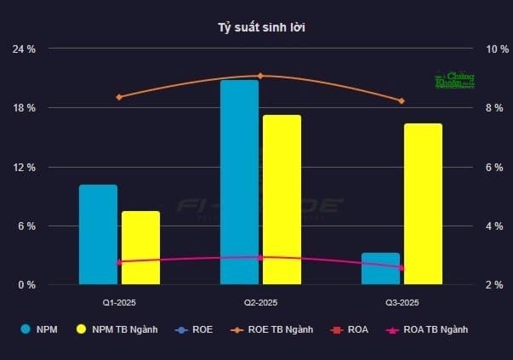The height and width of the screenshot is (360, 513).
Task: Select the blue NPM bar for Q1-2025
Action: pos(98,234)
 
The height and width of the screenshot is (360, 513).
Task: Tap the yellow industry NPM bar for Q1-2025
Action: pos(140,248)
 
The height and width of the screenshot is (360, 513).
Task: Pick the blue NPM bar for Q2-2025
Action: pos(239,182)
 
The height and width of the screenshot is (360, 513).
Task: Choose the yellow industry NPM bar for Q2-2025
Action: pos(282,200)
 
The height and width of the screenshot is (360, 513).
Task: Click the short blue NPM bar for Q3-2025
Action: pos(380,268)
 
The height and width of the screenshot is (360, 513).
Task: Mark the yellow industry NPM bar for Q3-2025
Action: pos(423,204)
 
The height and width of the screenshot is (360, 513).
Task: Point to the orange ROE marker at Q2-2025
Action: pos(260,76)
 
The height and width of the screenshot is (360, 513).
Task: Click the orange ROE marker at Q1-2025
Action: pos(119,97)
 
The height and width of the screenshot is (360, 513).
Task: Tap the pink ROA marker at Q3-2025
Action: pos(402,268)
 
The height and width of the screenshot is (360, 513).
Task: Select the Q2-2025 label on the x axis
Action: pos(260,302)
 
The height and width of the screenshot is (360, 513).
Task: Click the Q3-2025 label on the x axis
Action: pos(402,302)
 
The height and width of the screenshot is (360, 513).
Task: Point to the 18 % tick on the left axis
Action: pos(24,108)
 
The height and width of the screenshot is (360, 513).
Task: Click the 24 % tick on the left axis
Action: pos(24,49)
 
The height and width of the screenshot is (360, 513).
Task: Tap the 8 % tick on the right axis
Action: pos(498,108)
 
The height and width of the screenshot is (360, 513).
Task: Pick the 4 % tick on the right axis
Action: pos(498,226)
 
